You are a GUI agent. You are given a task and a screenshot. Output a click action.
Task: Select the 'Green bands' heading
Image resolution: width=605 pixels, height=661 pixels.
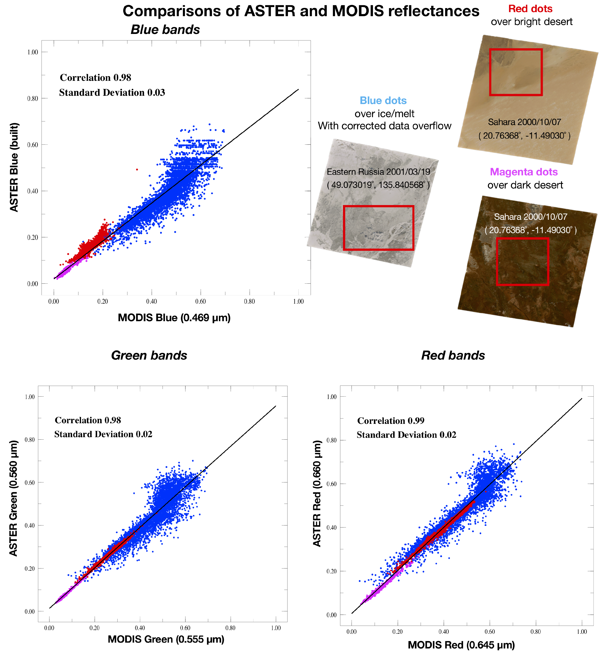coord(149,355)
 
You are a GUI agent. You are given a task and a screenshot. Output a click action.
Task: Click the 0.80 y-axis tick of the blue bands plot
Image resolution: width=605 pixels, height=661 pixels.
coord(33,98)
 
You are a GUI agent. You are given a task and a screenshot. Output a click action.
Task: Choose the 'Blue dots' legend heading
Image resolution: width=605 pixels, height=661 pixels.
coord(383,101)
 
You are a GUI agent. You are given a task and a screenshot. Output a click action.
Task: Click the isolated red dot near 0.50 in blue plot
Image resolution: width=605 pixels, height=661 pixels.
coord(137,169)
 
